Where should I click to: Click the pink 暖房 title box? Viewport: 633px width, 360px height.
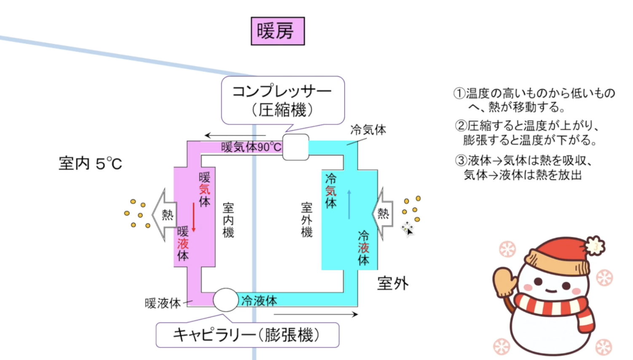pos(278,31)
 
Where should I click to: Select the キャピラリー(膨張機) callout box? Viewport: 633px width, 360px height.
pos(247,335)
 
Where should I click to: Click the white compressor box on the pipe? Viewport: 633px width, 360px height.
pos(295,147)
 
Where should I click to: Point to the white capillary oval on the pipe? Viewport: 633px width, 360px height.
pos(226,300)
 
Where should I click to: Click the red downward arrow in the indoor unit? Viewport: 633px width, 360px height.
pos(194,217)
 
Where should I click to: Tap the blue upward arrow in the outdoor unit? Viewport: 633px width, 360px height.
pos(349,204)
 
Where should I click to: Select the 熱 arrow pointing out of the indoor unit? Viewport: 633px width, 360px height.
pos(165,215)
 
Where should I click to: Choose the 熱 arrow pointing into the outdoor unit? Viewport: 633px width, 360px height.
pos(383,213)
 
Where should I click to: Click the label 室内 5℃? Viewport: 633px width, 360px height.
pos(90,164)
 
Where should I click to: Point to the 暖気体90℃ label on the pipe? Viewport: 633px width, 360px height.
pos(251,147)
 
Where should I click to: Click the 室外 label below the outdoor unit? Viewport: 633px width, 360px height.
pos(393,283)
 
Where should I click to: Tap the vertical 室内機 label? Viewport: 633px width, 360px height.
pos(228,220)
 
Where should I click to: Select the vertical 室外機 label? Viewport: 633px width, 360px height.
pos(307,220)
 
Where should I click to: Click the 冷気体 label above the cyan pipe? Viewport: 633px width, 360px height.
pos(368,130)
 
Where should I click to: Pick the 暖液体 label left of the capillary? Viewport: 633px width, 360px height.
pos(162,303)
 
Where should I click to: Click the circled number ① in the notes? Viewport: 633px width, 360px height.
pos(459,93)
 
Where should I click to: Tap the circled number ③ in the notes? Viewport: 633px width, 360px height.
pos(461,161)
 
